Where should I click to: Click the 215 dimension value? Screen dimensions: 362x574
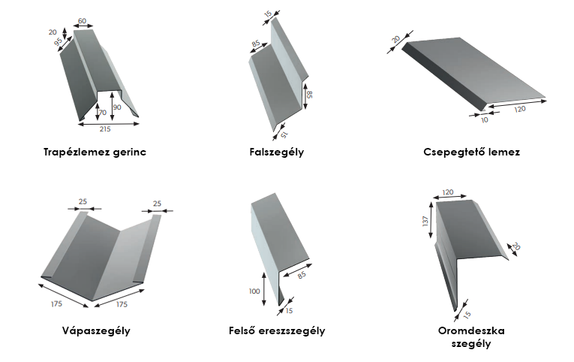coord(105,129)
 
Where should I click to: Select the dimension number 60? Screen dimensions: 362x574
coord(82,21)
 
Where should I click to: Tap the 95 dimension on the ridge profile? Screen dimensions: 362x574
coord(58,44)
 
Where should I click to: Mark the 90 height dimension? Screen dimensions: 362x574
coord(116,107)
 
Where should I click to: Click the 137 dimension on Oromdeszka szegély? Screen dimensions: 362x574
coord(425,222)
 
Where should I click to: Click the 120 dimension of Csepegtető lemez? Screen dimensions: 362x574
coord(520,109)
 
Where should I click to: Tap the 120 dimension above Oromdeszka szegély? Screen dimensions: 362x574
coord(449,192)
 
